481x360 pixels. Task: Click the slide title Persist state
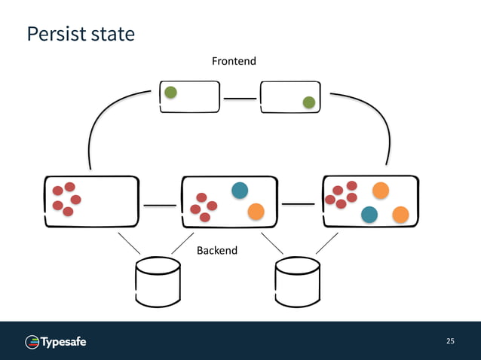pyautogui.click(x=81, y=34)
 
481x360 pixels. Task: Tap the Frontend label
pyautogui.click(x=234, y=61)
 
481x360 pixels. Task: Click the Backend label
pyautogui.click(x=217, y=250)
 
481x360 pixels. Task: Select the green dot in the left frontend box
pyautogui.click(x=171, y=93)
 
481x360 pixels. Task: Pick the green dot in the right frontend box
pyautogui.click(x=308, y=102)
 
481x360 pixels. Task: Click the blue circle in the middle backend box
pyautogui.click(x=240, y=191)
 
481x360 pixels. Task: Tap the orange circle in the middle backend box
pyautogui.click(x=256, y=212)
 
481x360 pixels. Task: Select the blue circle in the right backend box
pyautogui.click(x=369, y=215)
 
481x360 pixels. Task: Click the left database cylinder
pyautogui.click(x=158, y=282)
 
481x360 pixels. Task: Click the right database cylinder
pyautogui.click(x=298, y=282)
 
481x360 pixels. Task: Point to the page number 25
pyautogui.click(x=450, y=341)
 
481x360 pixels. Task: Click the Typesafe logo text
pyautogui.click(x=63, y=343)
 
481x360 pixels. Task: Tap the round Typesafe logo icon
pyautogui.click(x=32, y=343)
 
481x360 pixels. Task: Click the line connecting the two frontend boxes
pyautogui.click(x=240, y=98)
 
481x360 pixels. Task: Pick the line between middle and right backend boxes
pyautogui.click(x=298, y=203)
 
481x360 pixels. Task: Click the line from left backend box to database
pyautogui.click(x=129, y=243)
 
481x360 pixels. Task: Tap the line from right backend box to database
pyautogui.click(x=326, y=243)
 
